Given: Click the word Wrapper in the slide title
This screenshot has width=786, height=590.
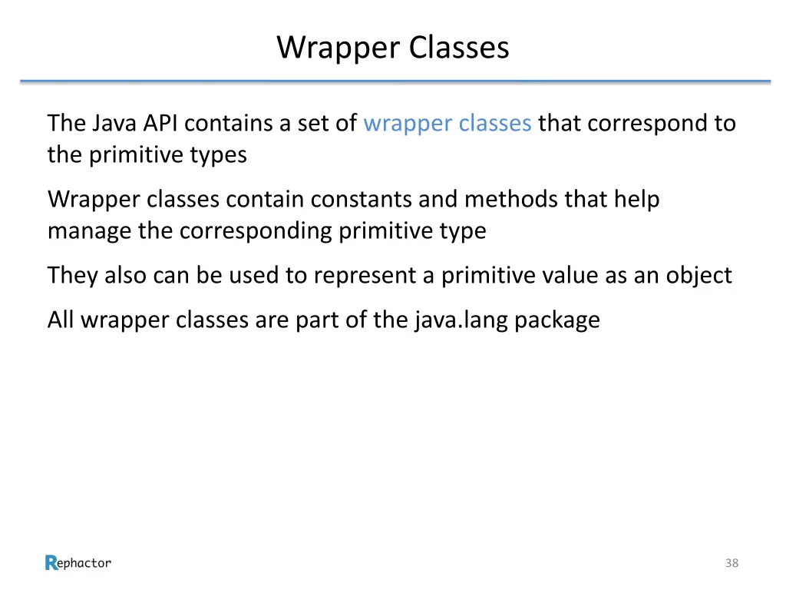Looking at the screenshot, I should (339, 48).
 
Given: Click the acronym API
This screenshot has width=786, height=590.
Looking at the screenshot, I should (163, 123).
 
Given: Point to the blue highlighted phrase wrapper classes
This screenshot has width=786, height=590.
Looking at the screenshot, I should (447, 123).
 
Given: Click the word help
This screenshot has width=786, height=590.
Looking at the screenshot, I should (636, 200).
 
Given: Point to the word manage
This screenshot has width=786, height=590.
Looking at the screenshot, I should (90, 231).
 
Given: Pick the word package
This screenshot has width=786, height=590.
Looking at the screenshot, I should (557, 320).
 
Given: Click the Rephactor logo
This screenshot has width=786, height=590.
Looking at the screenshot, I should (78, 563).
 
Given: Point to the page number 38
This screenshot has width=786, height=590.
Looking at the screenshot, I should (732, 564).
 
